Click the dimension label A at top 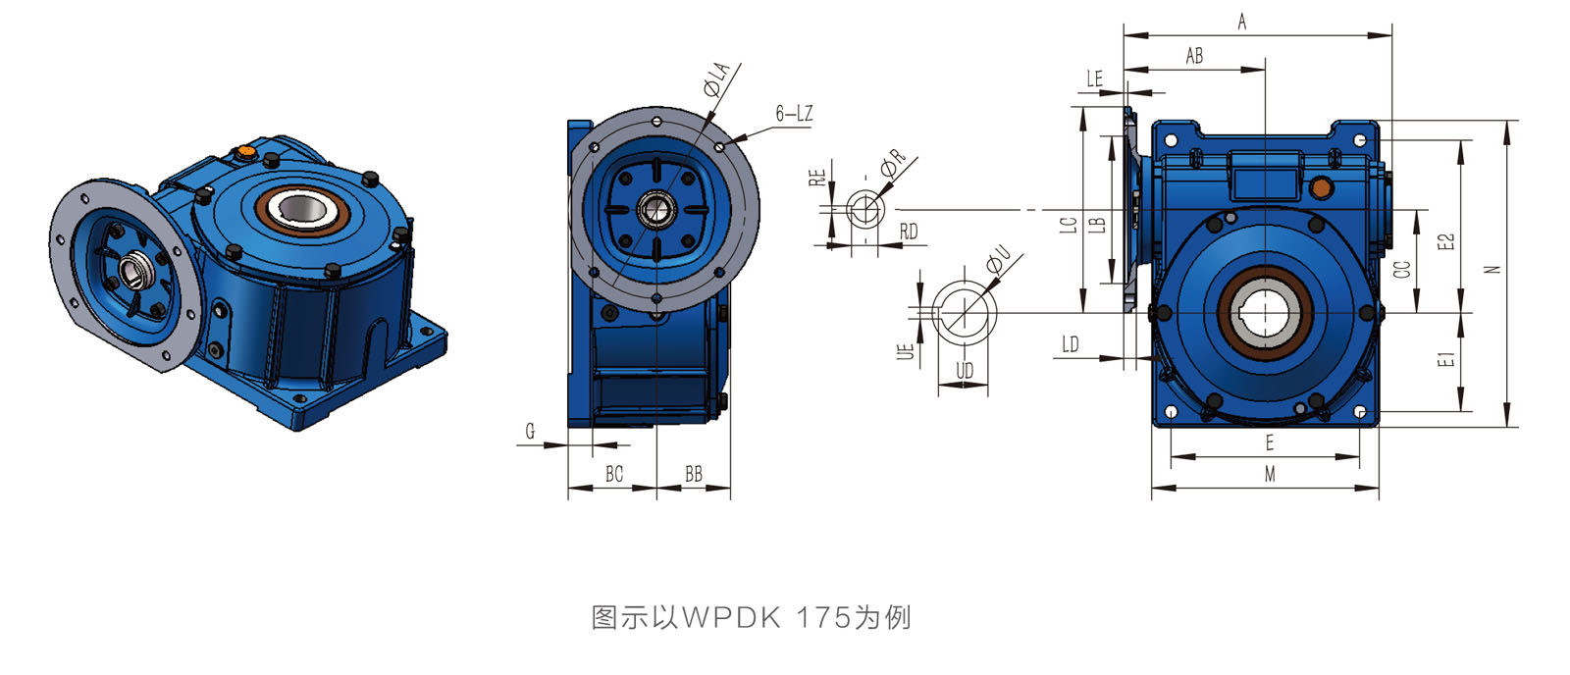[x=1241, y=22]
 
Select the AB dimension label [x=1194, y=56]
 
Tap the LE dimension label [x=1095, y=79]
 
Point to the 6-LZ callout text [x=794, y=114]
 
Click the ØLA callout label [x=717, y=78]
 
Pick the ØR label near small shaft [x=893, y=163]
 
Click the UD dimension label [x=965, y=371]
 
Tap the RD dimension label [x=909, y=232]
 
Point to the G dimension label [x=530, y=431]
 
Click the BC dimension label [x=614, y=474]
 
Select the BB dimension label [x=694, y=474]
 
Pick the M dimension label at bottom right [x=1270, y=474]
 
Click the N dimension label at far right [x=1493, y=269]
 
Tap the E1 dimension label [x=1445, y=360]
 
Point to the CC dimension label [x=1402, y=267]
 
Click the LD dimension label [x=1070, y=344]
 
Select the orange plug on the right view [x=1322, y=186]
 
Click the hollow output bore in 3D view [x=297, y=207]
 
